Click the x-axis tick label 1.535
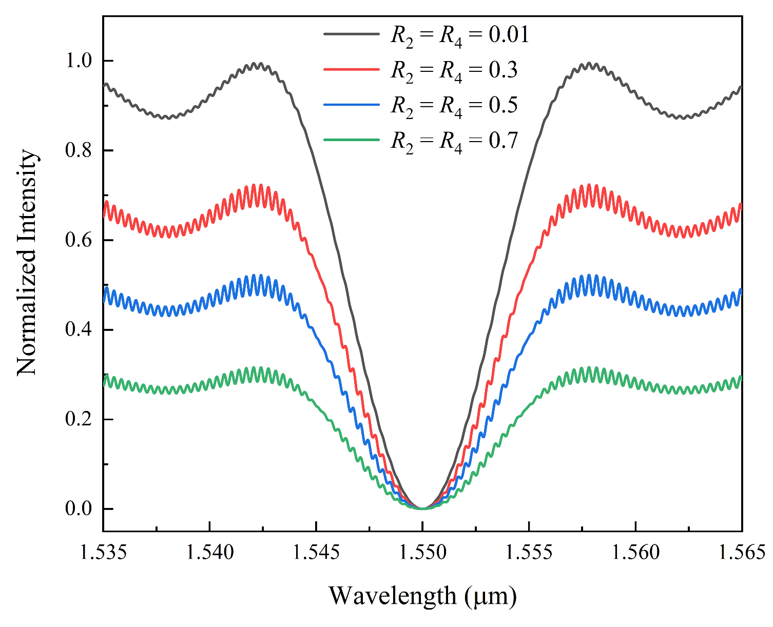pos(103,553)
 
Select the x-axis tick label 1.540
pos(209,553)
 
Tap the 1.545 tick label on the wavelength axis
pos(316,553)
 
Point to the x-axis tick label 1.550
pos(422,553)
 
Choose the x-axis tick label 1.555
pos(529,553)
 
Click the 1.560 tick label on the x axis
pos(635,553)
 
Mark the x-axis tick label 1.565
pos(741,553)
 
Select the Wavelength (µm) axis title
pos(422,596)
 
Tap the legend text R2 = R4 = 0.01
pos(459,35)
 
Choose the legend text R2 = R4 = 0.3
pos(454,70)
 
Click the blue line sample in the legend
pos(352,105)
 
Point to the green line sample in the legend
pos(352,140)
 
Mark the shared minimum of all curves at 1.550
pos(422,508)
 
